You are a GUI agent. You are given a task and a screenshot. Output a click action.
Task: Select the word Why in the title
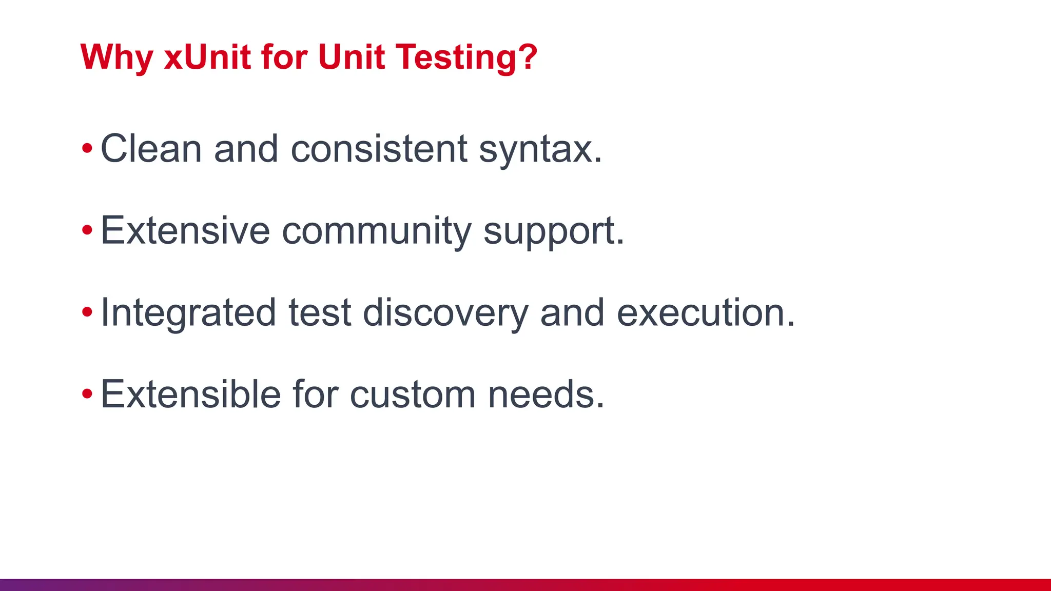coord(116,57)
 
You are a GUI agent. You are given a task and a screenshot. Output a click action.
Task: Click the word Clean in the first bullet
coord(151,149)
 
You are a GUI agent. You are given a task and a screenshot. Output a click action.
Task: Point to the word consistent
coord(379,149)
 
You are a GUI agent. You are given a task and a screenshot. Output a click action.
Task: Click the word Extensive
coord(185,230)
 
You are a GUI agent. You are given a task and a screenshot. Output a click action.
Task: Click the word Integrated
coord(188,313)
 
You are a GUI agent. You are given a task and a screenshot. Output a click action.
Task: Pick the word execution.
coord(706,312)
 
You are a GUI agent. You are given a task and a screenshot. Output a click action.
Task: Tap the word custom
coord(413,395)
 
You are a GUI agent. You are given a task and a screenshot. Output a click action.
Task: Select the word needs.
coord(546,395)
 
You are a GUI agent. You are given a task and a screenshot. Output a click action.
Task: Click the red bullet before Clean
coord(87,149)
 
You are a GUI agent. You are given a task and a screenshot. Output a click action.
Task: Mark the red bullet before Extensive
coord(87,230)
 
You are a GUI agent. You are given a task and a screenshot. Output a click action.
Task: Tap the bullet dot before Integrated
coord(87,312)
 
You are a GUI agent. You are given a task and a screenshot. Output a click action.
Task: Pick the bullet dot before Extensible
coord(87,394)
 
